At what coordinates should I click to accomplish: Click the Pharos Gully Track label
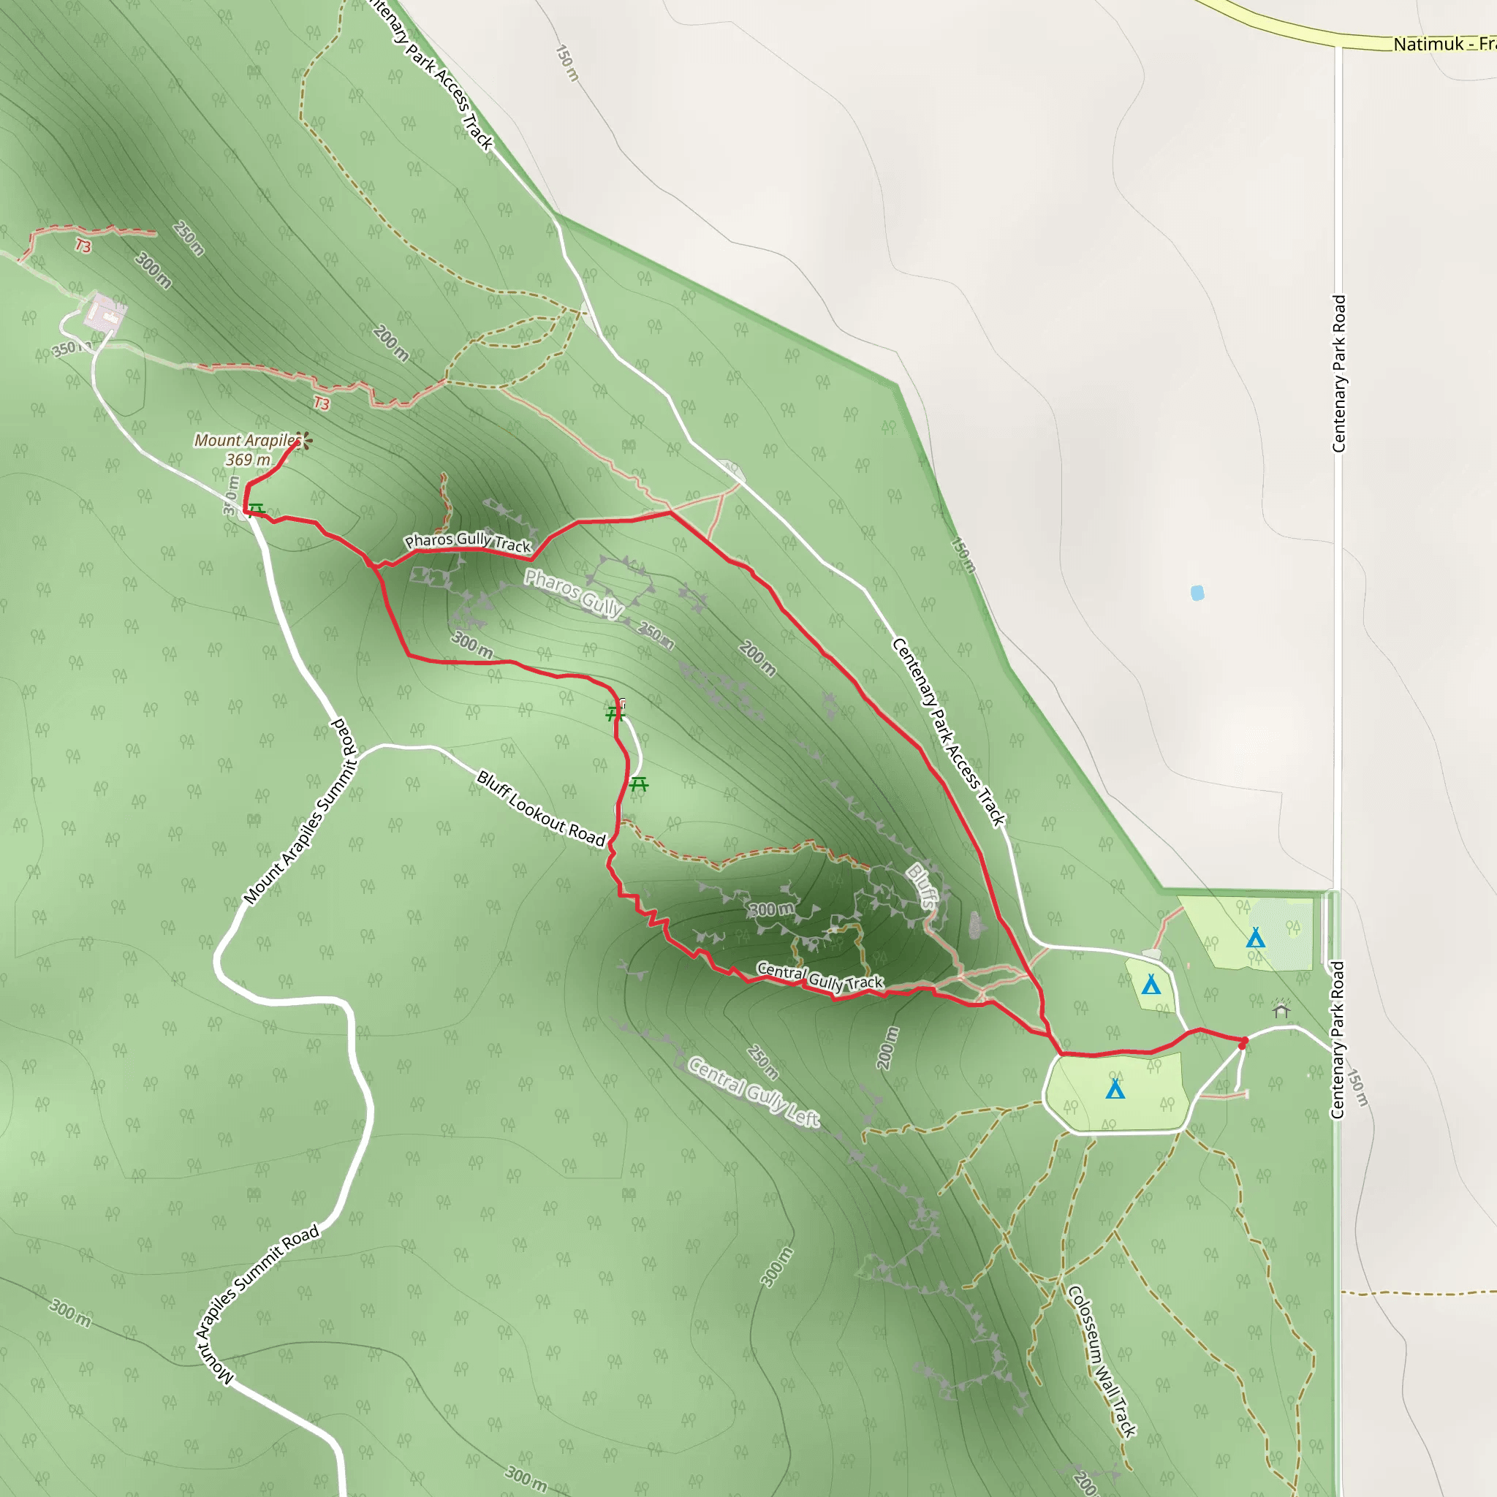pos(468,542)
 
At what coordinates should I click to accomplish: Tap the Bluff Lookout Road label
pos(540,808)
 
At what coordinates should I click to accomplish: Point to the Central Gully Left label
pos(753,1092)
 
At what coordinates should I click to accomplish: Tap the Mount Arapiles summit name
pos(246,440)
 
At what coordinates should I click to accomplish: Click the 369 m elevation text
pos(248,460)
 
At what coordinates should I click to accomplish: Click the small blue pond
pos(1197,593)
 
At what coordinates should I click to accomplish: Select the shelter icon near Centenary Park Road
pos(1281,1009)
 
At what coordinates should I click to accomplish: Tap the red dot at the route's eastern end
pos(1243,1045)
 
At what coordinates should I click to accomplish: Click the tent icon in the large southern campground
pos(1115,1089)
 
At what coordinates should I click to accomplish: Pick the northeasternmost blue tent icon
pos(1255,939)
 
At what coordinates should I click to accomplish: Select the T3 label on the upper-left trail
pos(83,246)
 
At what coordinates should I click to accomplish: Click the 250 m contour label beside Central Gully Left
pos(762,1061)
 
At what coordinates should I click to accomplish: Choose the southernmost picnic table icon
pos(637,784)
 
